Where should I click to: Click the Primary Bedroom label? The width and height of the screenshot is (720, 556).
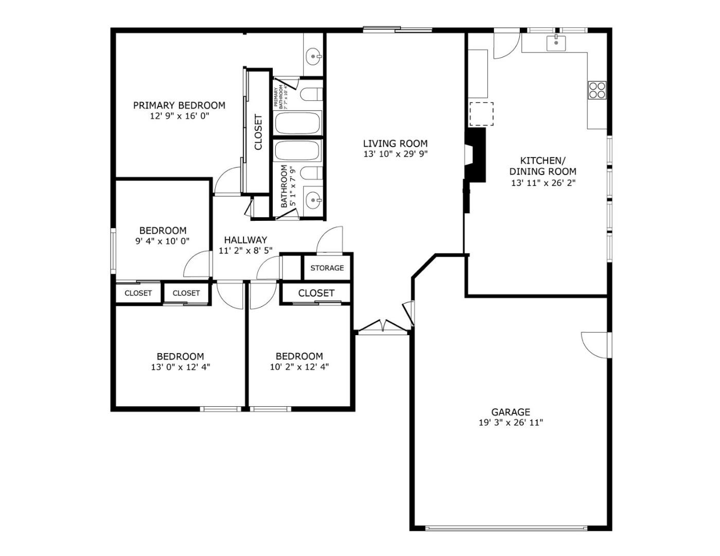click(x=179, y=106)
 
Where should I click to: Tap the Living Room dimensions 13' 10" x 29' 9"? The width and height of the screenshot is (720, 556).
click(x=395, y=154)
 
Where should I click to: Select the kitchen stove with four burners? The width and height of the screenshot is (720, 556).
click(x=597, y=90)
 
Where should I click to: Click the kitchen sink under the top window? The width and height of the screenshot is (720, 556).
click(x=556, y=43)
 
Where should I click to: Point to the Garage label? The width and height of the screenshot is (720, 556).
click(x=510, y=412)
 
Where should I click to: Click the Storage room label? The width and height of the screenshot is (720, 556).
click(x=327, y=268)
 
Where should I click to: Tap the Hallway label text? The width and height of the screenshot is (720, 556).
click(x=245, y=240)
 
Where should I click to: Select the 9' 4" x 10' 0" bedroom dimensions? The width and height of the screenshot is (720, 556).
click(x=163, y=241)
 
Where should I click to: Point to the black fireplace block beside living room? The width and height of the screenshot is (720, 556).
click(x=476, y=154)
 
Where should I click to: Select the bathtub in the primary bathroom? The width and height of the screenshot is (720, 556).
click(x=297, y=124)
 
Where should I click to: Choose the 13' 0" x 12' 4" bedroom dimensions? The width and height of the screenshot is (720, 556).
click(x=180, y=367)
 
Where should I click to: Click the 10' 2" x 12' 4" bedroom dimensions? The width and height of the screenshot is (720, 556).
click(x=299, y=367)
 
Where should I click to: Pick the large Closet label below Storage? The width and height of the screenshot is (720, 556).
click(x=316, y=293)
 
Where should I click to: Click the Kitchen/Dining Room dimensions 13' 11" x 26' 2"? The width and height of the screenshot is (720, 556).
click(x=542, y=183)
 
